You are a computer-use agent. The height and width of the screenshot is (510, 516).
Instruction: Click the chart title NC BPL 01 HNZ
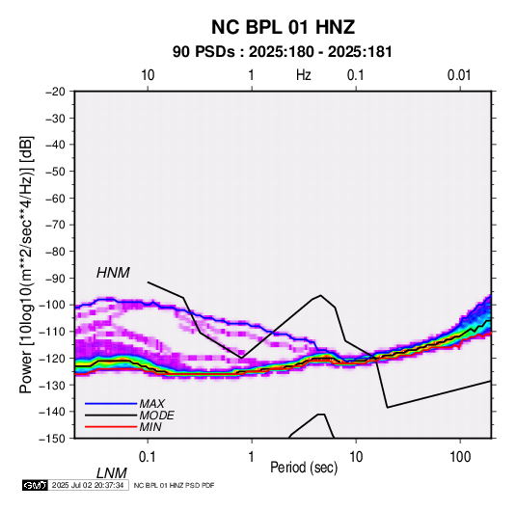coord(283,27)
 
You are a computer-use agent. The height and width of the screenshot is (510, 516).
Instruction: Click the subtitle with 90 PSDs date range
coord(283,52)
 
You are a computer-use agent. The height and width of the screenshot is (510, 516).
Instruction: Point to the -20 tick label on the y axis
coord(55,92)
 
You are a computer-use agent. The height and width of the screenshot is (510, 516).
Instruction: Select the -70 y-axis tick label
coord(55,225)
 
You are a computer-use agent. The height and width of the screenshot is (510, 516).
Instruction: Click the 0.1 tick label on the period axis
coord(148,457)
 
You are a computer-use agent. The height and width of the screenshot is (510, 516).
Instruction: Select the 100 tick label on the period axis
coord(460,457)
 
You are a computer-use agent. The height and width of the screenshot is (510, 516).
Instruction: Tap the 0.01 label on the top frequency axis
coord(459,75)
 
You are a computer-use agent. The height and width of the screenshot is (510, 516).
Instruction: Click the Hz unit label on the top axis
coord(304,75)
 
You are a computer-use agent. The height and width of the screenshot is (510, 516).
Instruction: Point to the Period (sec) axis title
coord(304,468)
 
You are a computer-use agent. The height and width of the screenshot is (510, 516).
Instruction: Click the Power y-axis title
coord(26,264)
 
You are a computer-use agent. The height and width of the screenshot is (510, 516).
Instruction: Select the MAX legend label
coord(151,404)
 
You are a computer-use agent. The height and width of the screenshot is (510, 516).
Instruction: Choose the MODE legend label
coord(156,416)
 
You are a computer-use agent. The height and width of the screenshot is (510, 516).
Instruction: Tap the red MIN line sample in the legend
coord(111,427)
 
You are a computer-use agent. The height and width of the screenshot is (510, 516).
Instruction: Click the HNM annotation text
coord(113,273)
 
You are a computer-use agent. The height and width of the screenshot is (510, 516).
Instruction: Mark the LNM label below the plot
coord(111,473)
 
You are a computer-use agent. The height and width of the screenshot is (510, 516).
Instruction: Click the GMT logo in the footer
coord(36,485)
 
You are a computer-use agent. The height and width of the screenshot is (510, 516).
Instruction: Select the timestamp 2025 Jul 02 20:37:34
coord(88,485)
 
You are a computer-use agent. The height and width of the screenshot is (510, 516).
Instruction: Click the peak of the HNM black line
coord(320,295)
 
